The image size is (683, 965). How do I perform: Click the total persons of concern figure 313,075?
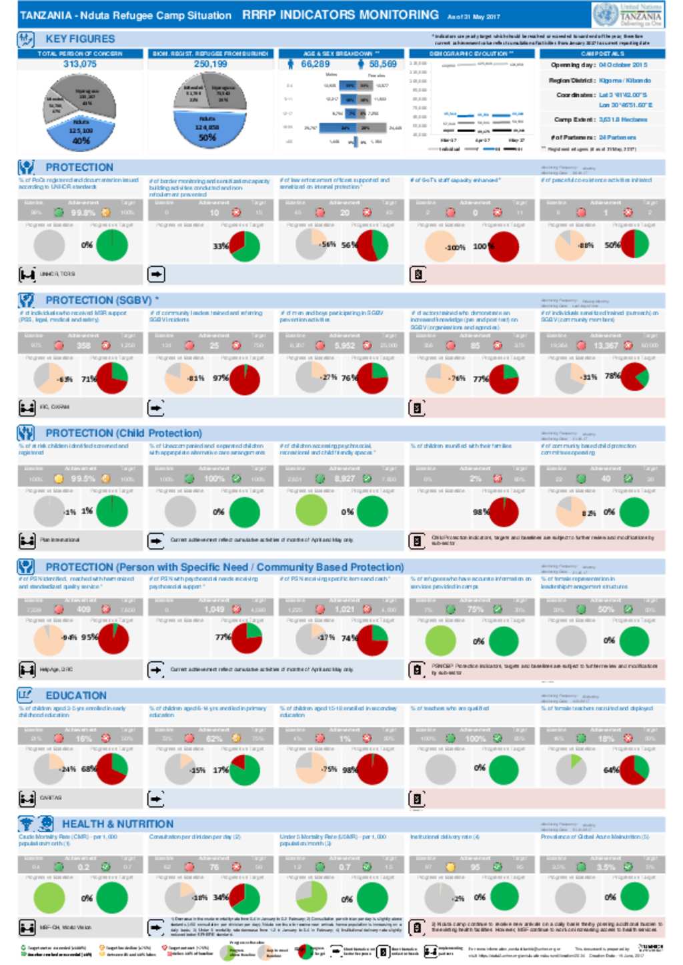coord(80,64)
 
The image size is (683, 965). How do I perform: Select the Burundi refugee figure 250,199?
coord(211,64)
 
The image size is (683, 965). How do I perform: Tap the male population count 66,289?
coord(315,64)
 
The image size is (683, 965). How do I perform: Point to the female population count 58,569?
coord(383,64)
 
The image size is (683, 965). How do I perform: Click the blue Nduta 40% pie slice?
coord(80,133)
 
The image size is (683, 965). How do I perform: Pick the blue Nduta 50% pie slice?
coord(207,130)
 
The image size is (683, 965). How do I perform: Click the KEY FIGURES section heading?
coord(80,39)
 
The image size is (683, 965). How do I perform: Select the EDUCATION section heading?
coord(76,695)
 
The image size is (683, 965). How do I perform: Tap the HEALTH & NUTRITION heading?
coord(117,824)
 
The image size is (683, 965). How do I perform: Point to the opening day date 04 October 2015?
coord(623,65)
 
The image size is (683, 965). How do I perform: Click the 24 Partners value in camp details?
coord(618,137)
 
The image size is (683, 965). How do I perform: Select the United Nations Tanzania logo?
coord(628,14)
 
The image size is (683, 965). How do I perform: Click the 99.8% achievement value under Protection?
coord(83,213)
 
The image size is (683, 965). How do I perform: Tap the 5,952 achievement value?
coord(345,346)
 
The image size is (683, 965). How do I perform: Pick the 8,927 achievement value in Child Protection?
coord(345,478)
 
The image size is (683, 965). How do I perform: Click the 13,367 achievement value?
coord(606,346)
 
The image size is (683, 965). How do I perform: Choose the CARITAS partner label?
coord(51,797)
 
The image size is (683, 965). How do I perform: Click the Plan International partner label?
coord(59,540)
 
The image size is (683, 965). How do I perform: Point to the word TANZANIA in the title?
coord(45,15)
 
